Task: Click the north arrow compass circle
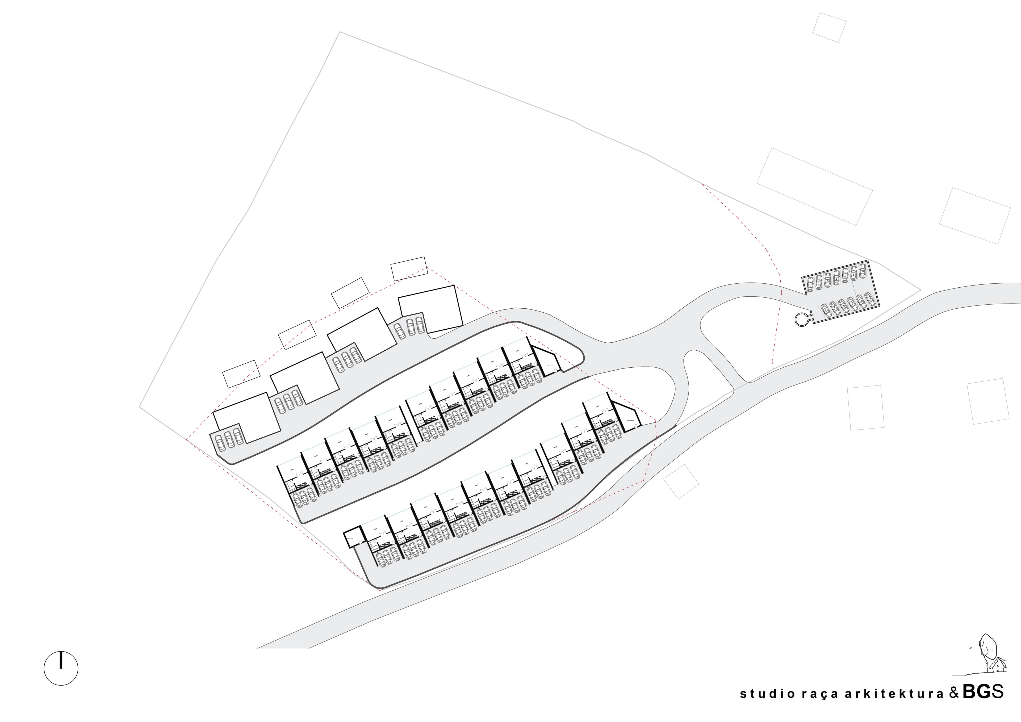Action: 61,668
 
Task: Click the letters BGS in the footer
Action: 981,692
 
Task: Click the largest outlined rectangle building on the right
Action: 814,187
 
